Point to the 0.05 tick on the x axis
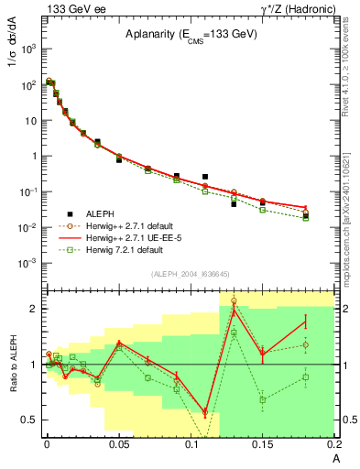tap(119, 445)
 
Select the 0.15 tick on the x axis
tap(262, 445)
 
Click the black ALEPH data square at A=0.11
tap(205, 177)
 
